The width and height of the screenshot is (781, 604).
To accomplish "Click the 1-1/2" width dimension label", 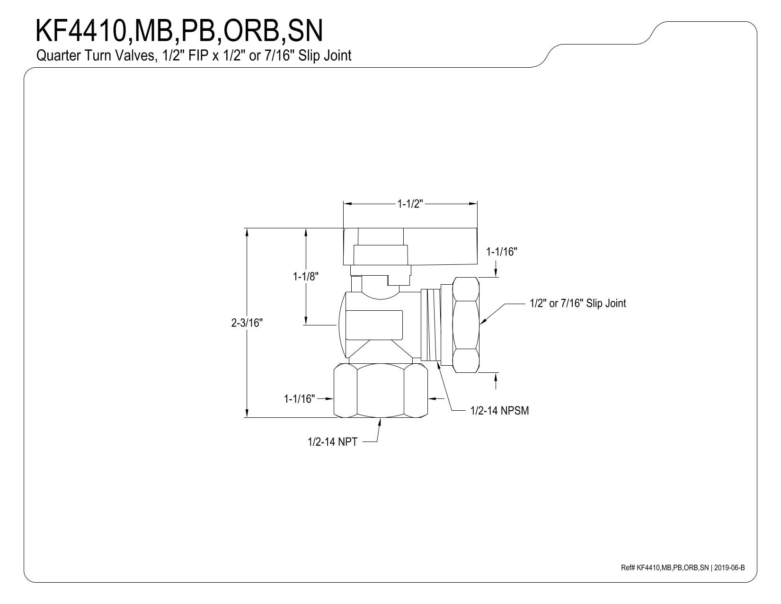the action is (x=410, y=204).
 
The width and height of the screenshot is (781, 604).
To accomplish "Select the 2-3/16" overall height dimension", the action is (x=247, y=323).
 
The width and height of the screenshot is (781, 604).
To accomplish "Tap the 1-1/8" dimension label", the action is (x=305, y=277).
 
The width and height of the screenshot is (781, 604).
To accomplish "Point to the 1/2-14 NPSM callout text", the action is (x=499, y=410).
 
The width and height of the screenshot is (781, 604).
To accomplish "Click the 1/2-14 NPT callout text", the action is (x=332, y=442).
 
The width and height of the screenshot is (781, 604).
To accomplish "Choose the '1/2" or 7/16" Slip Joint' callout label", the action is (x=578, y=303).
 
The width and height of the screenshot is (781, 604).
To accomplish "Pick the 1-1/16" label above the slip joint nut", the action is (x=502, y=252).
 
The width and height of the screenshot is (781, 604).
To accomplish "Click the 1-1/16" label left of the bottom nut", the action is (x=300, y=398).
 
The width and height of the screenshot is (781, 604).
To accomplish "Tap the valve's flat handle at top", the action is (x=410, y=246).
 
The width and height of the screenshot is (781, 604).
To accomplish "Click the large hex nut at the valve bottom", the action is (x=381, y=390).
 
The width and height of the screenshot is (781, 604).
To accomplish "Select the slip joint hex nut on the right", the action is (x=466, y=325).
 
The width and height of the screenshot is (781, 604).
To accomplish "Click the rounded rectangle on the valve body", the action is (x=374, y=325).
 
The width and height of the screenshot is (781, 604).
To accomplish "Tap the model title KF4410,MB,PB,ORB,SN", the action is (x=179, y=31).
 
